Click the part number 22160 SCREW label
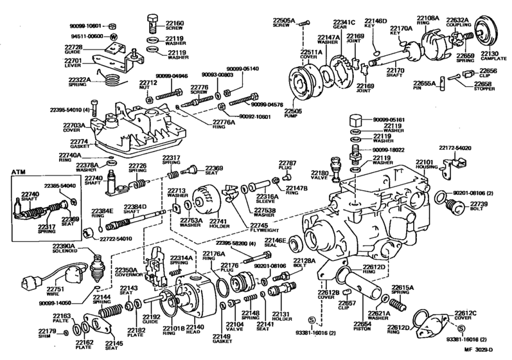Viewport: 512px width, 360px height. click(175, 26)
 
